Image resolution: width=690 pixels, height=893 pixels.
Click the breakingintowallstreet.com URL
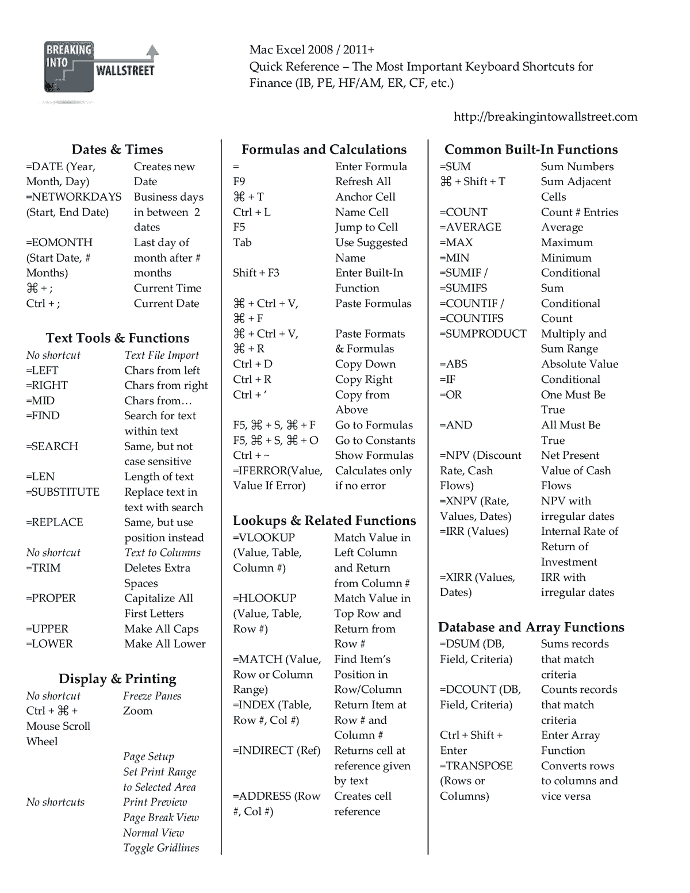[545, 117]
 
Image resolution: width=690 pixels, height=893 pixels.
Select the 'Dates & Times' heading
[117, 150]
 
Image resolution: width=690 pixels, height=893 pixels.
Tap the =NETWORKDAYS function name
[74, 197]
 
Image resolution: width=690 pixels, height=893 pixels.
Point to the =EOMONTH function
[59, 242]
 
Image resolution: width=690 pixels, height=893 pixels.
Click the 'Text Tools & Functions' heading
[117, 338]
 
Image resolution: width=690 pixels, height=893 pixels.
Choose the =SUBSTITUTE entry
[63, 492]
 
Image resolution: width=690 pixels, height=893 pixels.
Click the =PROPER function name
[51, 598]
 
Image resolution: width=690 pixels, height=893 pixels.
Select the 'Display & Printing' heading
[117, 679]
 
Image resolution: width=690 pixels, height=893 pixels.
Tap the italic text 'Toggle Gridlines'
[161, 848]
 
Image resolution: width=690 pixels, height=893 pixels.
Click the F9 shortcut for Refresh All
[239, 181]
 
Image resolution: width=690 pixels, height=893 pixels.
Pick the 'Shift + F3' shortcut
[256, 273]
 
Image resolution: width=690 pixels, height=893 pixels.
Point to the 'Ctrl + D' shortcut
[252, 364]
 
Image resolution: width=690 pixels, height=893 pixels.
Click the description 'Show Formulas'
[374, 455]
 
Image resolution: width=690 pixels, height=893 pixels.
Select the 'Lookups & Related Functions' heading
[324, 520]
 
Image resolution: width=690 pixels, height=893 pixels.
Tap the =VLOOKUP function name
[264, 537]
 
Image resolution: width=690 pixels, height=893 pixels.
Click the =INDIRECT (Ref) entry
[277, 750]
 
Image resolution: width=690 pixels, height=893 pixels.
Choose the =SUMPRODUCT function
[483, 334]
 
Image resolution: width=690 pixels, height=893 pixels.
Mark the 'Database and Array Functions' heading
[531, 627]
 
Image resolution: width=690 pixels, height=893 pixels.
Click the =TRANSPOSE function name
[476, 765]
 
